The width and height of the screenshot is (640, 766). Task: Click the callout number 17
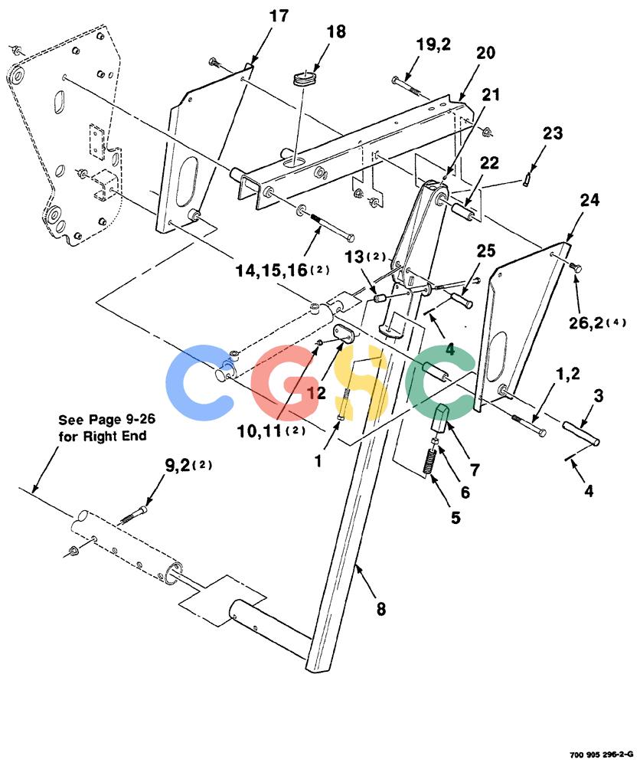click(x=279, y=16)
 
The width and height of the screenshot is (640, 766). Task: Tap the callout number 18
click(x=336, y=31)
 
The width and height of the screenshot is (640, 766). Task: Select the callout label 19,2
click(x=433, y=45)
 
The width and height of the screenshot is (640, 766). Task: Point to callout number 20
click(x=485, y=53)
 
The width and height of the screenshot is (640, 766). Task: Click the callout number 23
click(x=553, y=133)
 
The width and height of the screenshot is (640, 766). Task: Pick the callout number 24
click(x=589, y=200)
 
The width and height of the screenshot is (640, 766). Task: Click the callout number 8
click(x=380, y=609)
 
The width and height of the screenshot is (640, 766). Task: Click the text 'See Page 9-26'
click(x=107, y=420)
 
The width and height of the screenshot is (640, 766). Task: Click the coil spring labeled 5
click(x=430, y=461)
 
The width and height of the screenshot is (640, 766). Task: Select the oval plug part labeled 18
click(x=304, y=79)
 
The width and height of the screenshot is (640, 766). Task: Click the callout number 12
click(x=316, y=391)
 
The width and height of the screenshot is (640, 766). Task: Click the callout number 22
click(x=488, y=162)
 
